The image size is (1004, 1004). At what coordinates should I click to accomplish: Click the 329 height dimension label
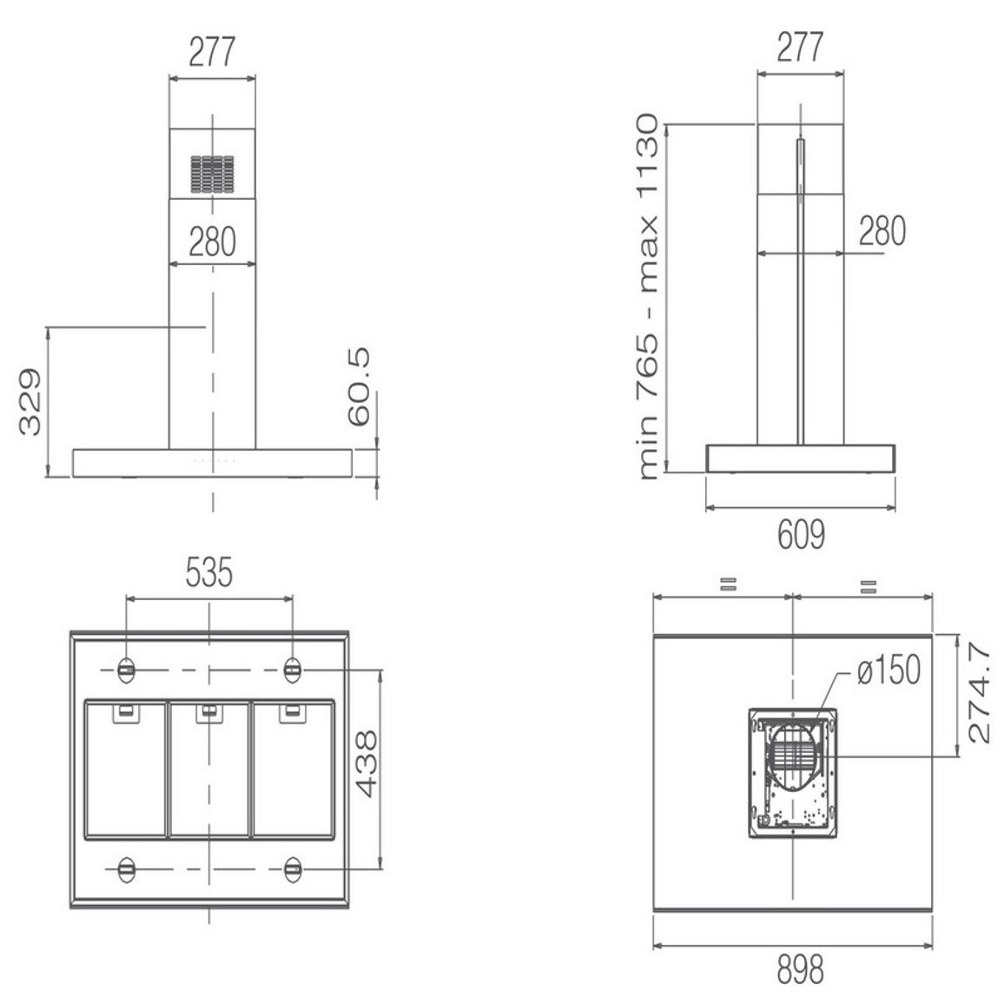[30, 402]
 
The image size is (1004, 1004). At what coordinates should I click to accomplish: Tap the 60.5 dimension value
[360, 386]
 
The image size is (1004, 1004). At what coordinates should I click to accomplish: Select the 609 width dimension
[801, 535]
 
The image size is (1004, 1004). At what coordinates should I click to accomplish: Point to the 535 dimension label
[208, 572]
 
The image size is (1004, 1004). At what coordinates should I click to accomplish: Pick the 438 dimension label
[367, 764]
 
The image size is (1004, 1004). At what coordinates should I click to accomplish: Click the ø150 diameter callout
[888, 670]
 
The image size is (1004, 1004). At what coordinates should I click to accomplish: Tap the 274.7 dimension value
[979, 693]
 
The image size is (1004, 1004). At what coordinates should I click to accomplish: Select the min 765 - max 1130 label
[648, 297]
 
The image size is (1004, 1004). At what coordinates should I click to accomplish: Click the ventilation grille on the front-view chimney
[212, 175]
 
